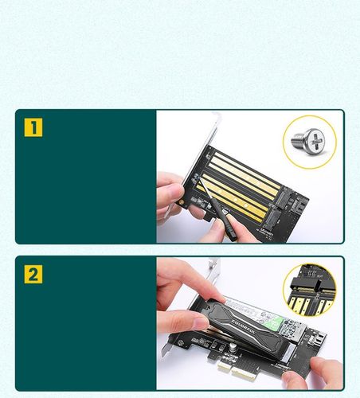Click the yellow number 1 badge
coord(33,127)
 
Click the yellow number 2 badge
coord(33,275)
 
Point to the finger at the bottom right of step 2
coord(325,370)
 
